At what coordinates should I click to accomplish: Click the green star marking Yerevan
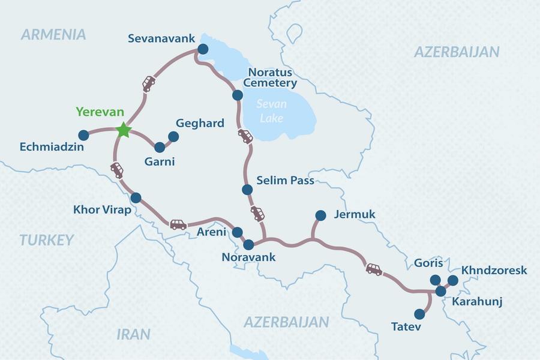pos(124,130)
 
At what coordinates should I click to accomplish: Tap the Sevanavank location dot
pos(203,49)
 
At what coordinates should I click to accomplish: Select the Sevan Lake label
pos(271,110)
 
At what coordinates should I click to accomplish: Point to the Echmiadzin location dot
pos(83,134)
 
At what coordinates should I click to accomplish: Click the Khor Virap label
pos(102,210)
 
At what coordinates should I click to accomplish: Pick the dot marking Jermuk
pos(320,215)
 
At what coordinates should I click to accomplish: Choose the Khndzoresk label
pos(494,271)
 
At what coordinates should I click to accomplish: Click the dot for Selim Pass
pos(247,190)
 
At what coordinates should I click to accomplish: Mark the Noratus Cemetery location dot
pos(238,95)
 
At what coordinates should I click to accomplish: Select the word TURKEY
pos(47,241)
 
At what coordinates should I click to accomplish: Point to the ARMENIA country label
pos(53,34)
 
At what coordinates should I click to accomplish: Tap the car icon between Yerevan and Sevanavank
pos(148,83)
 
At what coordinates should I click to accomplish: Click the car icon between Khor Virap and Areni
pos(178,224)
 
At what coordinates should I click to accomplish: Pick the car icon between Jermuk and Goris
pos(374,269)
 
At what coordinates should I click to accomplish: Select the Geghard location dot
pos(173,137)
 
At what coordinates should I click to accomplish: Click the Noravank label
pos(248,257)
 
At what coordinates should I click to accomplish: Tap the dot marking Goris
pos(435,280)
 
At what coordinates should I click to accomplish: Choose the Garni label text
pos(159,161)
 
